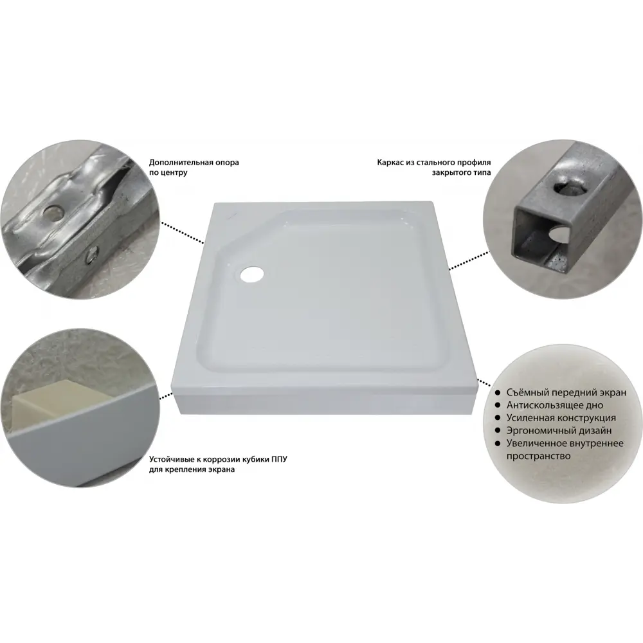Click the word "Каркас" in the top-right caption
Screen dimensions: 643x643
[x=389, y=163]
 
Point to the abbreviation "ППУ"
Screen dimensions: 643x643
[x=279, y=459]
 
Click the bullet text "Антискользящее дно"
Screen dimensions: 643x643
[x=554, y=405]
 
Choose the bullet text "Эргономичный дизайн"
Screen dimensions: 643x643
[x=559, y=431]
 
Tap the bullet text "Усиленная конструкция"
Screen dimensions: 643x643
[x=561, y=418]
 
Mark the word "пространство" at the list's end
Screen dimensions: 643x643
[x=538, y=456]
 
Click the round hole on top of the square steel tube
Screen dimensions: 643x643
[x=569, y=188]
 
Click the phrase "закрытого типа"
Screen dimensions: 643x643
[x=461, y=172]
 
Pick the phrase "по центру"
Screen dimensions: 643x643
[x=168, y=172]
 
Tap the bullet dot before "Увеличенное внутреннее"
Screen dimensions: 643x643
[x=498, y=443]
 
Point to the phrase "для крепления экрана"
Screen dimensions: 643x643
[x=192, y=469]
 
